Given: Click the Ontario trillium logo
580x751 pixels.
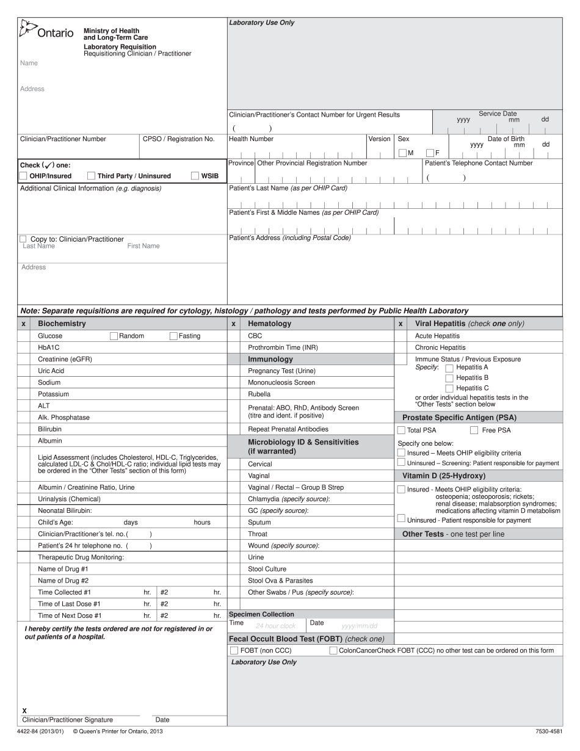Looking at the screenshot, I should point(27,29).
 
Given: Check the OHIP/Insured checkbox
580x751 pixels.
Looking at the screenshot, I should point(23,176).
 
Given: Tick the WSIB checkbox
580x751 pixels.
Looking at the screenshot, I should point(195,176).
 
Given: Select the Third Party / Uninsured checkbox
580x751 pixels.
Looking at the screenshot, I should point(92,176).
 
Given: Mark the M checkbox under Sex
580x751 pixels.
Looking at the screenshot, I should point(402,153).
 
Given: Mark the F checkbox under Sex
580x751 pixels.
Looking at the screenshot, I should point(430,153).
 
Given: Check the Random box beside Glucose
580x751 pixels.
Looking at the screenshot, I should point(114,336).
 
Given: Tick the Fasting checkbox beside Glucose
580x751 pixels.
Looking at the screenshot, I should point(173,336).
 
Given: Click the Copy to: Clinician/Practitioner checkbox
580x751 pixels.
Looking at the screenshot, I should point(23,239).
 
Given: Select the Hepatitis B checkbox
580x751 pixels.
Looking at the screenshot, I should point(449,378).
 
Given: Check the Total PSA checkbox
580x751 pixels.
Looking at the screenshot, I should point(401,430).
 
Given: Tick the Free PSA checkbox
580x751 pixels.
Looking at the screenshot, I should point(474,430).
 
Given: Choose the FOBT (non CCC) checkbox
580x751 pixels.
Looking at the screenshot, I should point(234,651).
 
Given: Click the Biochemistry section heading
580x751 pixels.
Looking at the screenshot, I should point(62,324).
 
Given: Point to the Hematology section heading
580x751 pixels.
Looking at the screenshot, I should point(269,324).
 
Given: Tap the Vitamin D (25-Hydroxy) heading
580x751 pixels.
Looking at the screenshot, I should point(443,476).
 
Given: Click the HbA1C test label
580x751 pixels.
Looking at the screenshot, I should point(49,347).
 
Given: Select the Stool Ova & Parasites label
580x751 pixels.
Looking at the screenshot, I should point(280,581).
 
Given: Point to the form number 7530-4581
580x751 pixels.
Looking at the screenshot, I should point(548,731).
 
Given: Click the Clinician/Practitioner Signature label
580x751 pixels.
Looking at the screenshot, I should point(67,720).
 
